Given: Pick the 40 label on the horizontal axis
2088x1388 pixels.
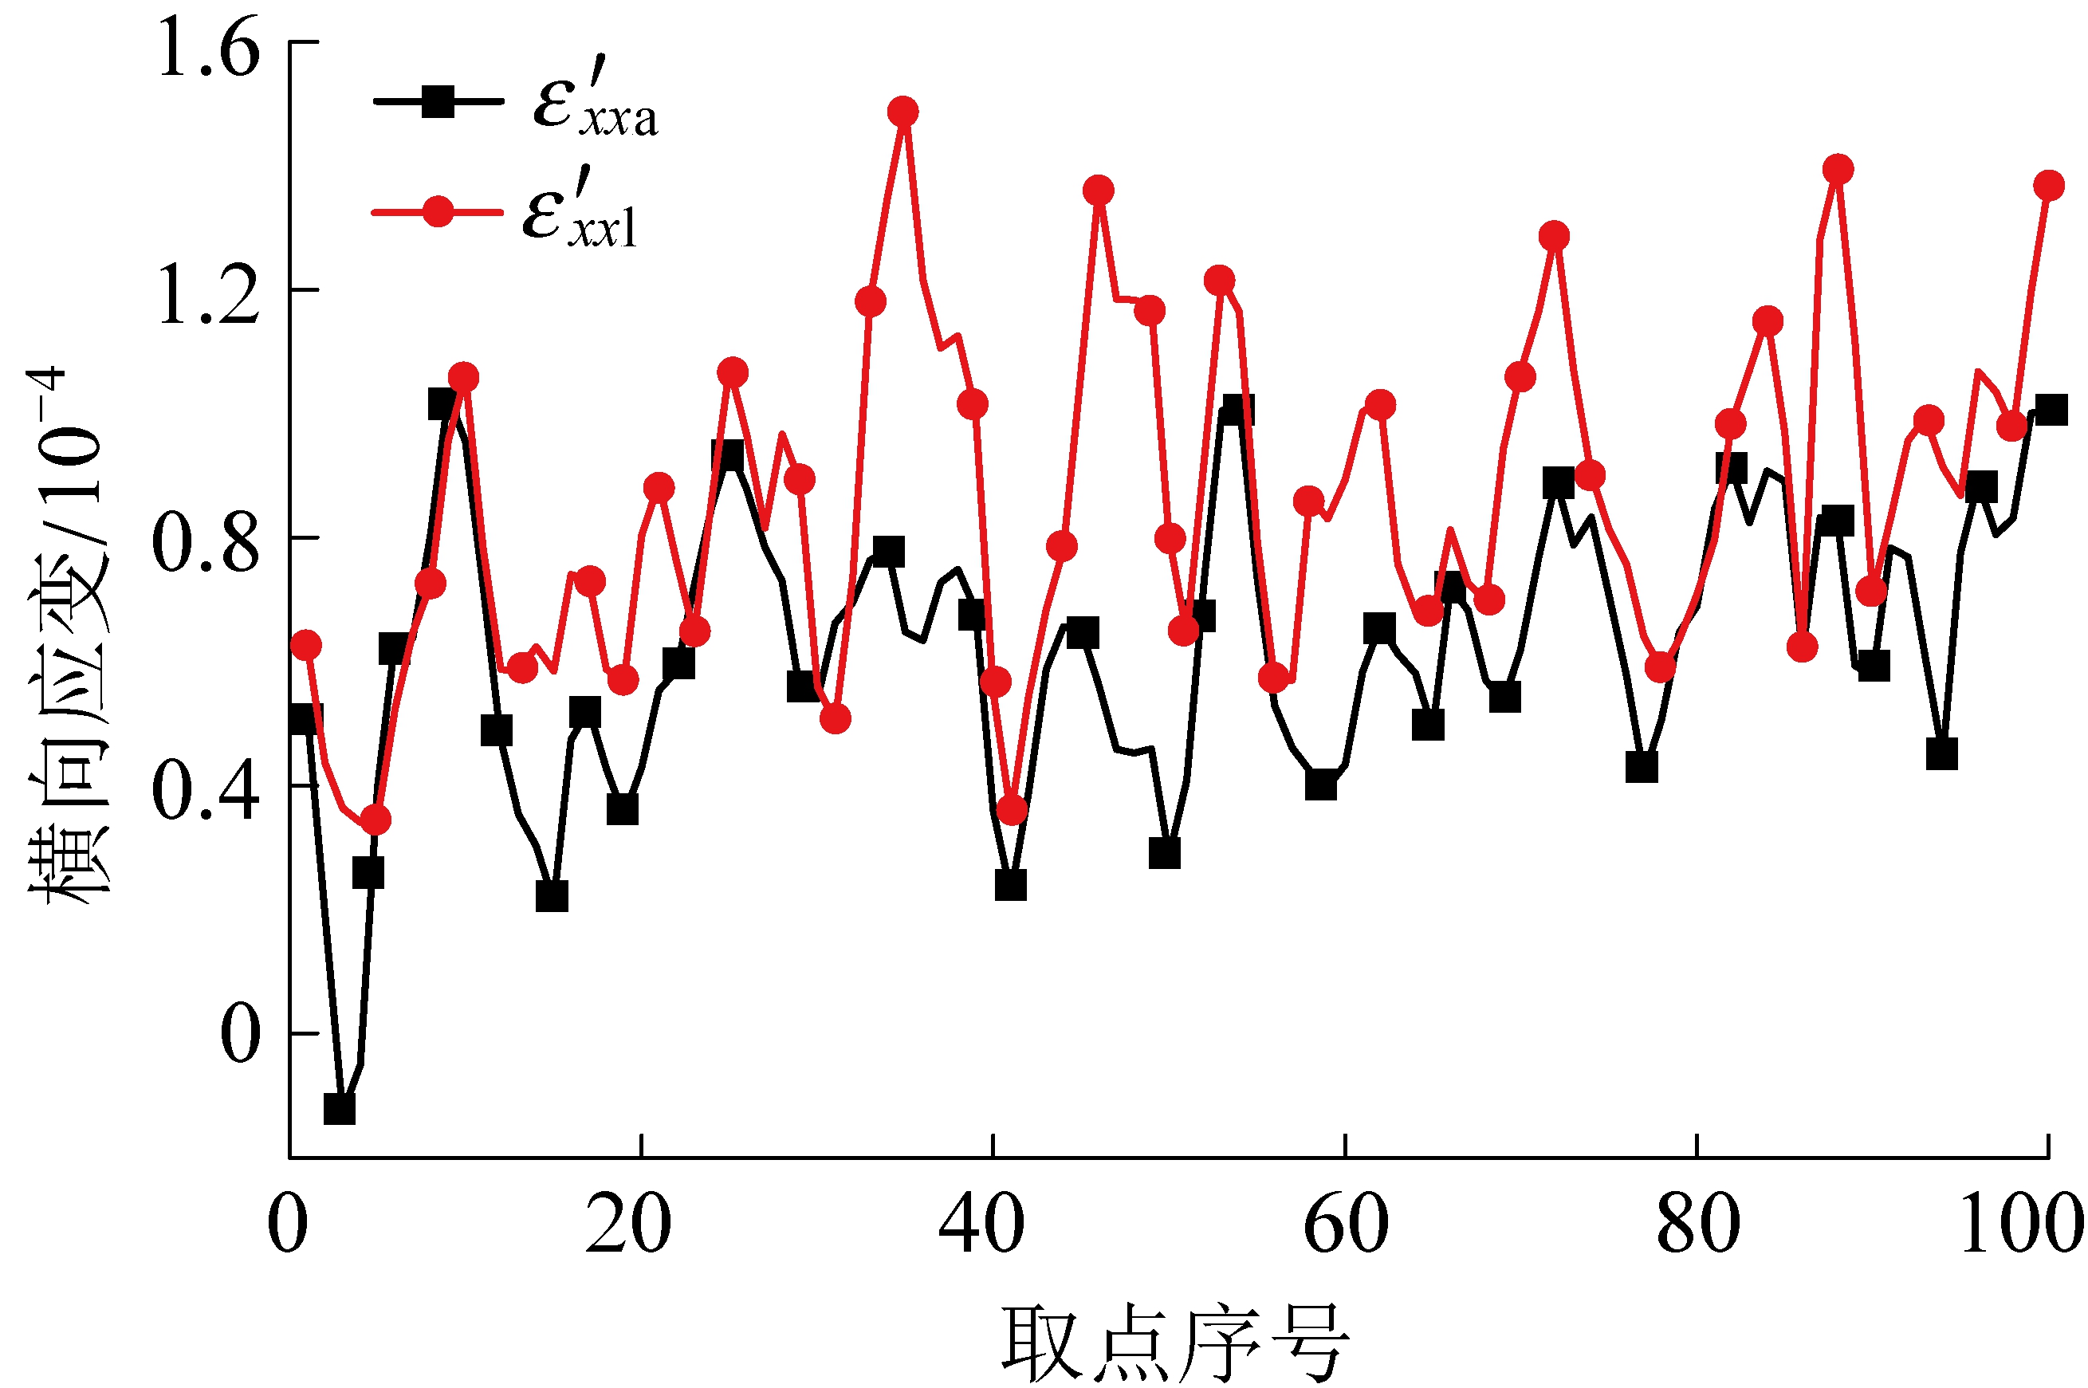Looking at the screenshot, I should point(981,1226).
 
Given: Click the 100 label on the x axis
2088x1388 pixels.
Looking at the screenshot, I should point(2022,1226).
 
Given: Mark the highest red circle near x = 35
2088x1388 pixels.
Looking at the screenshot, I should point(902,112).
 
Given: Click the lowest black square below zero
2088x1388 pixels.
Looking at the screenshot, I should point(339,1108).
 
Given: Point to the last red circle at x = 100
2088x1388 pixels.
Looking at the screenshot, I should point(2048,186).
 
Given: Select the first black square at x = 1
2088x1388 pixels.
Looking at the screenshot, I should point(306,719).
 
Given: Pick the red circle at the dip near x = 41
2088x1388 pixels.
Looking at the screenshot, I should point(1012,809).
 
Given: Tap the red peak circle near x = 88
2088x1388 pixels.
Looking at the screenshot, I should point(1838,169).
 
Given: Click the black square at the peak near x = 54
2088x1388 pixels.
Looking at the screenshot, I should point(1237,411).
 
